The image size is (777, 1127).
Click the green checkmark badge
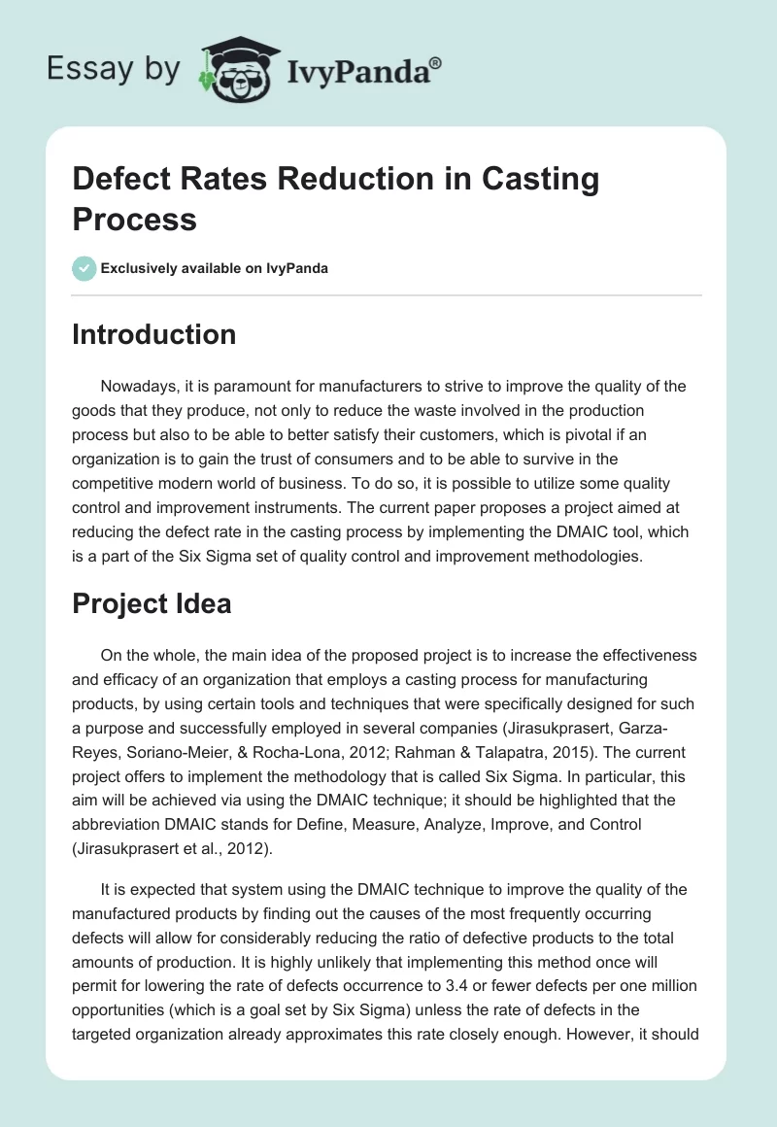click(x=84, y=268)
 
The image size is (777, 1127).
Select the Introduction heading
click(x=154, y=334)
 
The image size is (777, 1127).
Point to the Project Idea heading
click(x=152, y=603)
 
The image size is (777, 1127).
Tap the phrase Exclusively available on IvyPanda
click(x=215, y=268)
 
